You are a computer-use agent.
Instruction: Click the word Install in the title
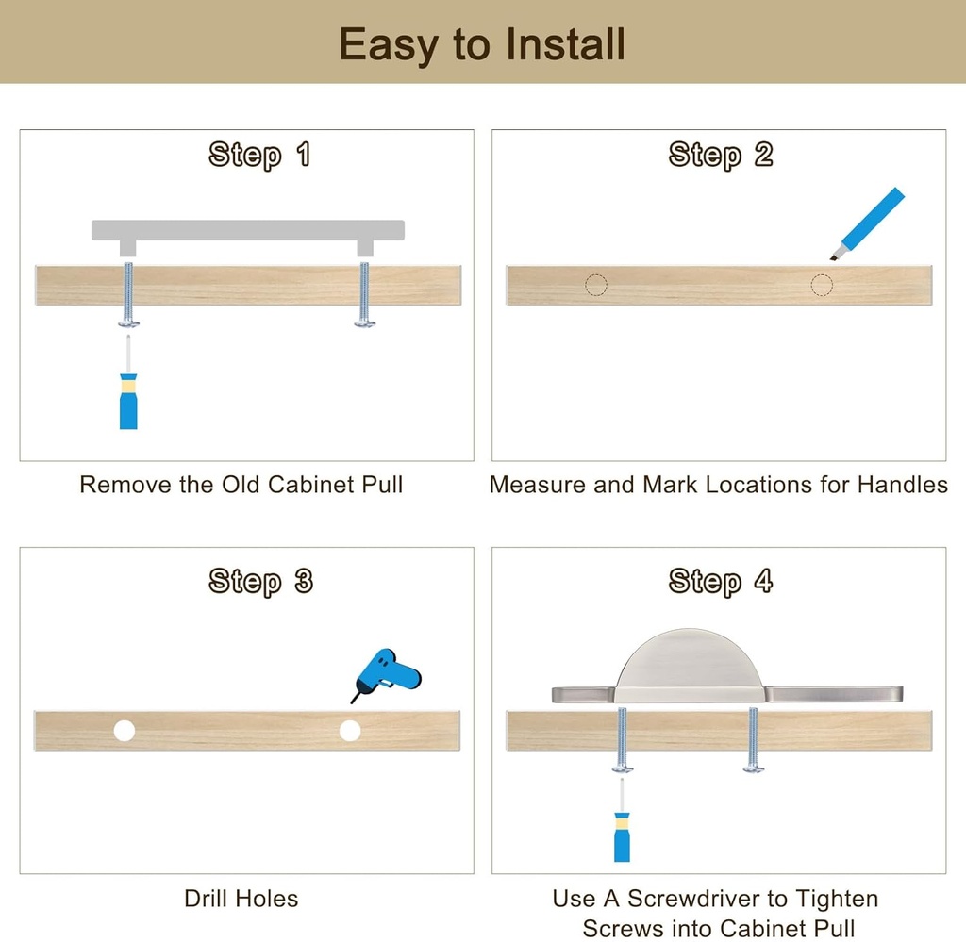[x=565, y=44]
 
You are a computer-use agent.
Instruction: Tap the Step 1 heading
[x=259, y=155]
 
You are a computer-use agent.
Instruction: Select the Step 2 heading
[x=720, y=155]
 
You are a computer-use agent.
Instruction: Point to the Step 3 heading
[x=260, y=582]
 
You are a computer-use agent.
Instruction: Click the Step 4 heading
[x=720, y=582]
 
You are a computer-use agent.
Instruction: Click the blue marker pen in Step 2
[x=867, y=224]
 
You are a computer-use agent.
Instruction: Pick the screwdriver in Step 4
[x=622, y=820]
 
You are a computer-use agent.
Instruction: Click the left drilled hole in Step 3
[x=125, y=731]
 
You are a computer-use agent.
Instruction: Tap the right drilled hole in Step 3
[x=350, y=731]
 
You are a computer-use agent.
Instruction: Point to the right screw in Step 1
[x=365, y=294]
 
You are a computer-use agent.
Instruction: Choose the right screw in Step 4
[x=754, y=740]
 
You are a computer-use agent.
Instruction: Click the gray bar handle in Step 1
[x=248, y=230]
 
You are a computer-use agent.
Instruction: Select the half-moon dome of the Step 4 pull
[x=689, y=664]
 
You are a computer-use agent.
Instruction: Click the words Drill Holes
[x=241, y=899]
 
